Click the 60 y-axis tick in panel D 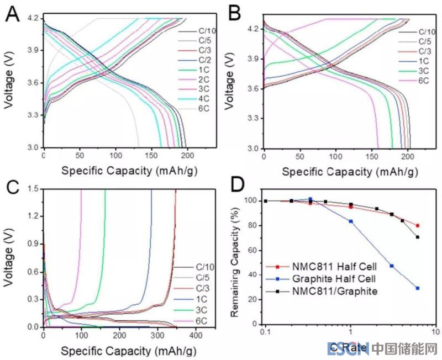[x=251, y=251]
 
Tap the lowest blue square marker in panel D [x=417, y=288]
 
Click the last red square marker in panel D [x=417, y=225]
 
